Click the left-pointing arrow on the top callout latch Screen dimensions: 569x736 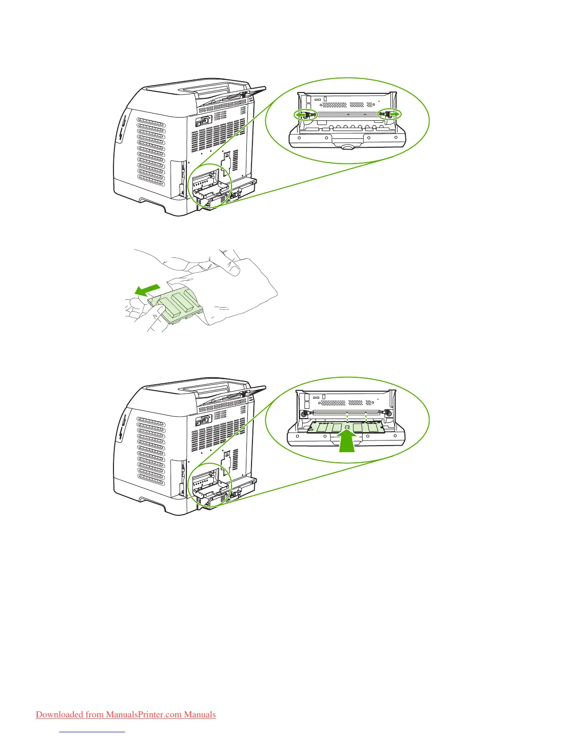coord(302,114)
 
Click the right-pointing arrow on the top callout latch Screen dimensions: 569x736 coord(393,114)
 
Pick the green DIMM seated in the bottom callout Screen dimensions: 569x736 coord(346,427)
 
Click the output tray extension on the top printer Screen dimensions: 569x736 coord(251,92)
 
